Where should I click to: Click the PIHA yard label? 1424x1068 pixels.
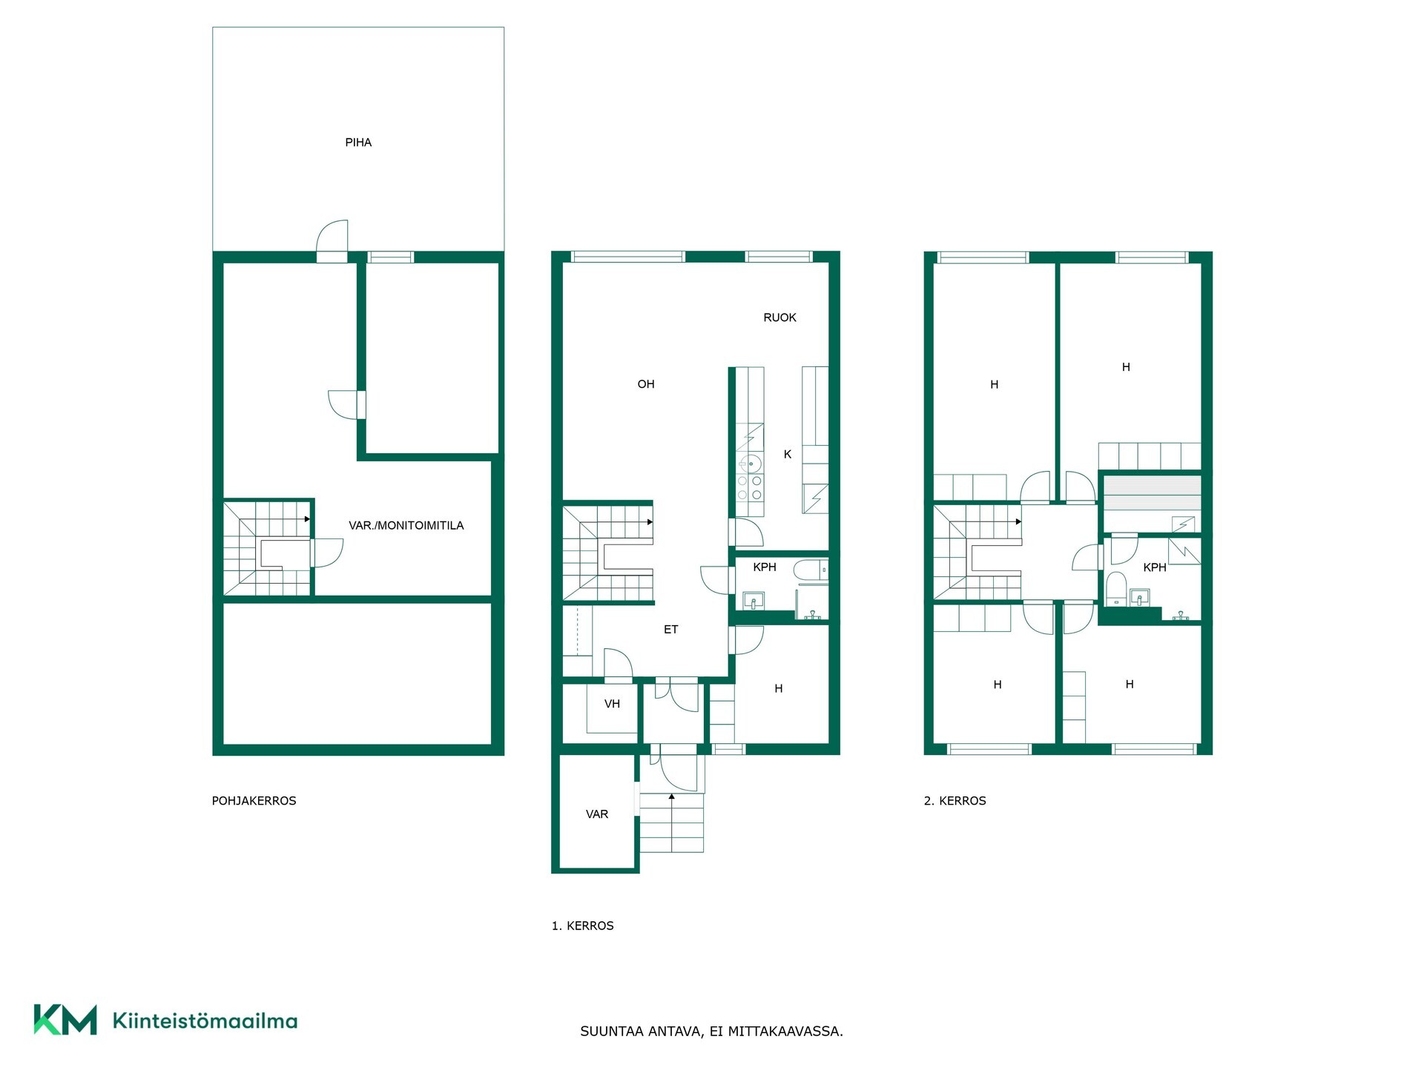(358, 142)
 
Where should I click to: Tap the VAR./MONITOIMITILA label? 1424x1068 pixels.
(406, 525)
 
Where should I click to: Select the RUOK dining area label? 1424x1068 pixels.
(779, 317)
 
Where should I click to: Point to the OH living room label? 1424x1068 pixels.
(646, 384)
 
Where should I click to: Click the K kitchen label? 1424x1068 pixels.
(788, 454)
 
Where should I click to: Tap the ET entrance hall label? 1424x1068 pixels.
(670, 630)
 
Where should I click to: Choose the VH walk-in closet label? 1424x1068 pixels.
(612, 704)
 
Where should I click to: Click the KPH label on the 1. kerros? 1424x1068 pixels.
(765, 567)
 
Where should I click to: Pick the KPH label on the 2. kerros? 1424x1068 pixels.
(1155, 567)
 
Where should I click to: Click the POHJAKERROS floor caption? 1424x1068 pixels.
(254, 801)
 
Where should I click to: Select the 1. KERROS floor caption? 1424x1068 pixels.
(582, 926)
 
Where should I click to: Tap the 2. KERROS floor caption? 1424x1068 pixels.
(955, 801)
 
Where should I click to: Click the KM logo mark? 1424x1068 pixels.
(65, 1020)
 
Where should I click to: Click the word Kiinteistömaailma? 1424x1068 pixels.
(205, 1021)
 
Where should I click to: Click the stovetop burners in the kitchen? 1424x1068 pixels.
(749, 487)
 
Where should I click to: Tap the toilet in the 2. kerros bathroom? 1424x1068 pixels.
(1115, 589)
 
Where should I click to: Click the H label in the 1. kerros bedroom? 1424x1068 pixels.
(778, 689)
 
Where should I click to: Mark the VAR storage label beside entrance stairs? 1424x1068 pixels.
(597, 814)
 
